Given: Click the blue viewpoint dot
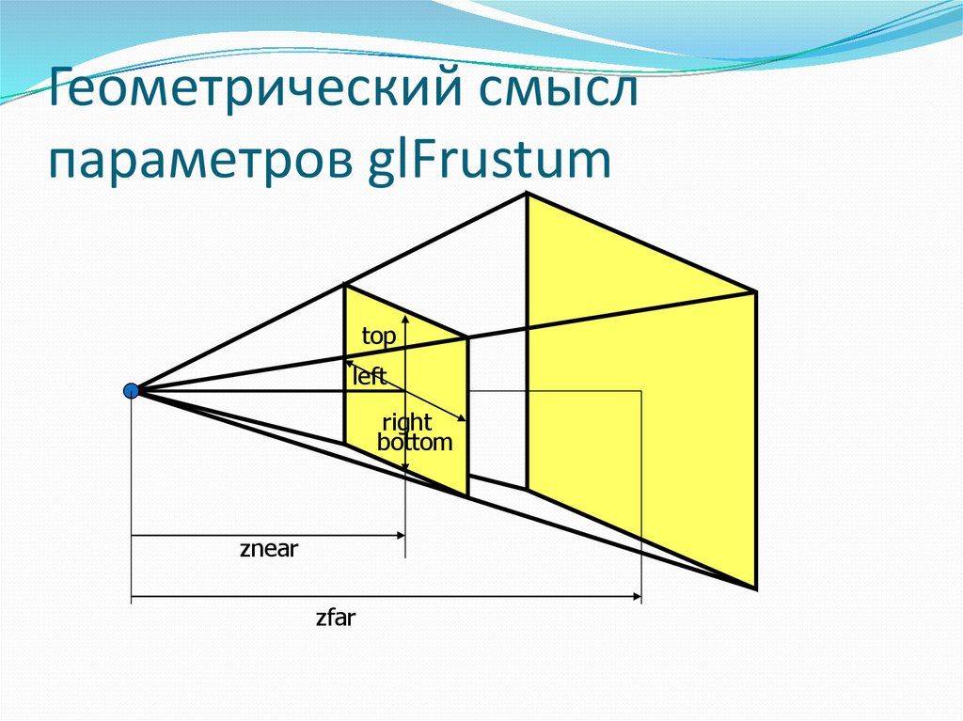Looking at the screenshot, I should point(131,390).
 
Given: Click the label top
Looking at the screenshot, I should point(378,336).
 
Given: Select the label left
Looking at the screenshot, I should point(369,377).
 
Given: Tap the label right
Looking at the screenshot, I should point(406,424).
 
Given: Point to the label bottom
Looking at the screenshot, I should point(415,442).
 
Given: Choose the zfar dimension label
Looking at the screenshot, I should point(335,619).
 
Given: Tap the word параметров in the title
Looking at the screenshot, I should point(197,160).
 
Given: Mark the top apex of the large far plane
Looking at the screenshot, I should point(526,194).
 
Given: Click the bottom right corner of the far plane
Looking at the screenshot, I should point(756,588).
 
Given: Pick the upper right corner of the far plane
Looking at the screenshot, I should point(755,291).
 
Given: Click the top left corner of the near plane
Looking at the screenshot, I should point(345,285).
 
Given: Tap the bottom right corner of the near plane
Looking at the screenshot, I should point(467,495).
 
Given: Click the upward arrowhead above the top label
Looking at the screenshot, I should point(404,317).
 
